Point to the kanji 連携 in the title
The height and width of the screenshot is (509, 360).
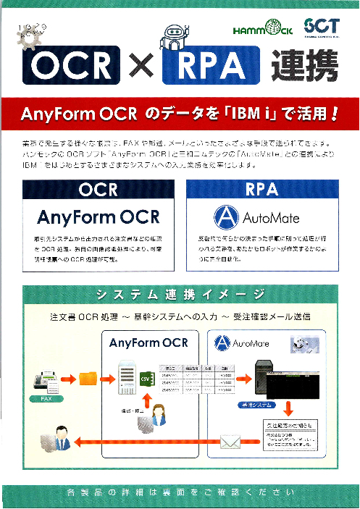304,67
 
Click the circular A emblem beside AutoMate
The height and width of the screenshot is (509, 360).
225,216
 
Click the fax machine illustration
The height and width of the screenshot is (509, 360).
46,380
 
